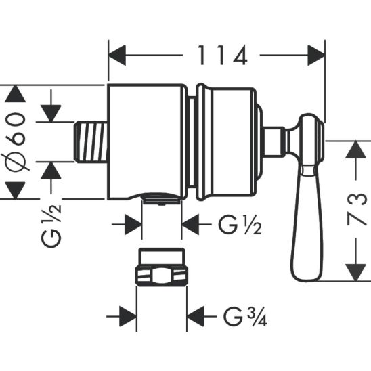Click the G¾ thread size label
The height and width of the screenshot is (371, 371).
click(240, 316)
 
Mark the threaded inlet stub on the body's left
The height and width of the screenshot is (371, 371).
click(90, 141)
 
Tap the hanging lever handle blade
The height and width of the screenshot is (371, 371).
click(308, 223)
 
